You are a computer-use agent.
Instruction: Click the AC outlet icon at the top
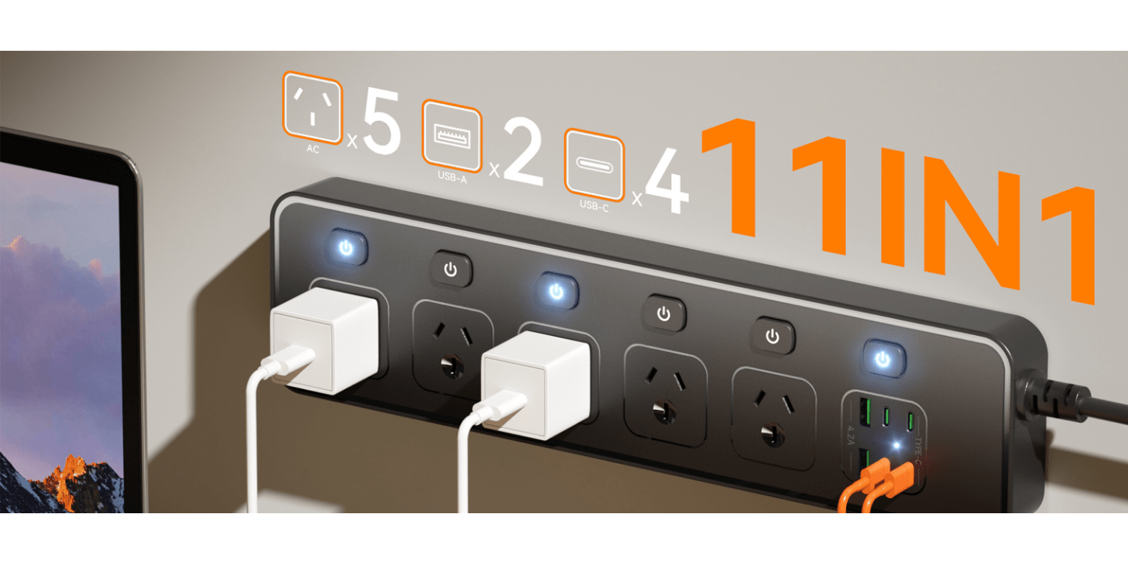coord(312,106)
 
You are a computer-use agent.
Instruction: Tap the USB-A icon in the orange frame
coord(452,135)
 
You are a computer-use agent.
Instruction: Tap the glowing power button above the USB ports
coord(884,359)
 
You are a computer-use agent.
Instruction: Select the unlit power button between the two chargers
coord(450,269)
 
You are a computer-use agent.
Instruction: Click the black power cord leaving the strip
coord(1080,399)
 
